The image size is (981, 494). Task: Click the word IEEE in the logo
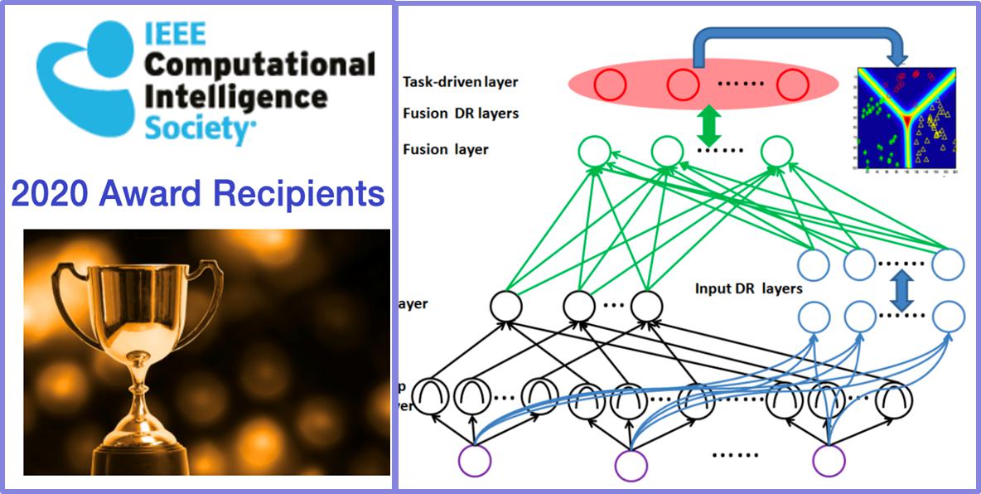point(176,34)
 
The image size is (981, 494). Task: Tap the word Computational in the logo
point(259,65)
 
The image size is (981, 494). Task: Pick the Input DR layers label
point(747,289)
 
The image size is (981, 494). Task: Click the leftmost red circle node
point(611,85)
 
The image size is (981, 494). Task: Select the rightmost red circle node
point(792,85)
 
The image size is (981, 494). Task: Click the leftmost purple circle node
point(476,459)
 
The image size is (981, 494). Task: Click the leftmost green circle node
point(594,152)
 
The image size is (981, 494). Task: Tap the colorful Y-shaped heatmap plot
point(906,121)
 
